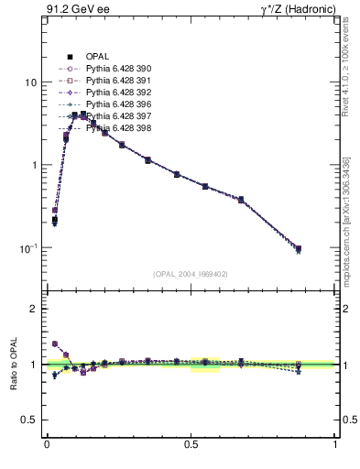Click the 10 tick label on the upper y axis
tap(30, 82)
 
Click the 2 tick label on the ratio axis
tap(33, 309)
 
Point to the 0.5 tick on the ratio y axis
tap(28, 420)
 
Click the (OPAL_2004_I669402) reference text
tap(191, 273)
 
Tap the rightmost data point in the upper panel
tap(298, 249)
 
